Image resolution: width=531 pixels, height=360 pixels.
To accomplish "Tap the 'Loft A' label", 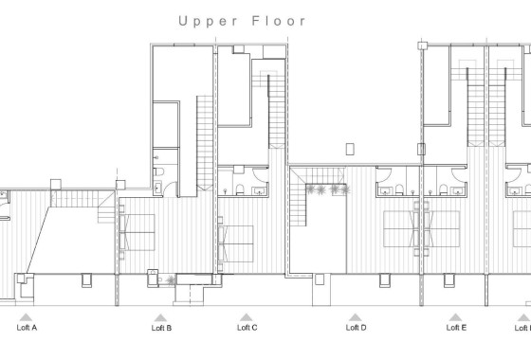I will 27,328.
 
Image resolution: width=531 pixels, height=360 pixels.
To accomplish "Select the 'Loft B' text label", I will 161,328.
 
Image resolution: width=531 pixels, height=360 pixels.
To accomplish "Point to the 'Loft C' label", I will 247,328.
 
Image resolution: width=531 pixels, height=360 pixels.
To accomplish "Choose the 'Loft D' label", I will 356,328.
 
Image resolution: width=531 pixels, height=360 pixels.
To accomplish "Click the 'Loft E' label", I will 456,328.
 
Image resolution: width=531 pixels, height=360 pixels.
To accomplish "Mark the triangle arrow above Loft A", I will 27,317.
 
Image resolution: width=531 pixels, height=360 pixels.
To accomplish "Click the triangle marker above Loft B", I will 161,317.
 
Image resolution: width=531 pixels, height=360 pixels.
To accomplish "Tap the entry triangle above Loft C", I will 247,317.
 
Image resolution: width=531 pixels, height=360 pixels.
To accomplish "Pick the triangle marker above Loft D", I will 355,317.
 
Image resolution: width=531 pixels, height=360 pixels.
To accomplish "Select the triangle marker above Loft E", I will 456,317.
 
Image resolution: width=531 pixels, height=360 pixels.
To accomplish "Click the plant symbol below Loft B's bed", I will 171,279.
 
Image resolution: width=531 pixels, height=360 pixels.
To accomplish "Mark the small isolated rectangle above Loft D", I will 351,148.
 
